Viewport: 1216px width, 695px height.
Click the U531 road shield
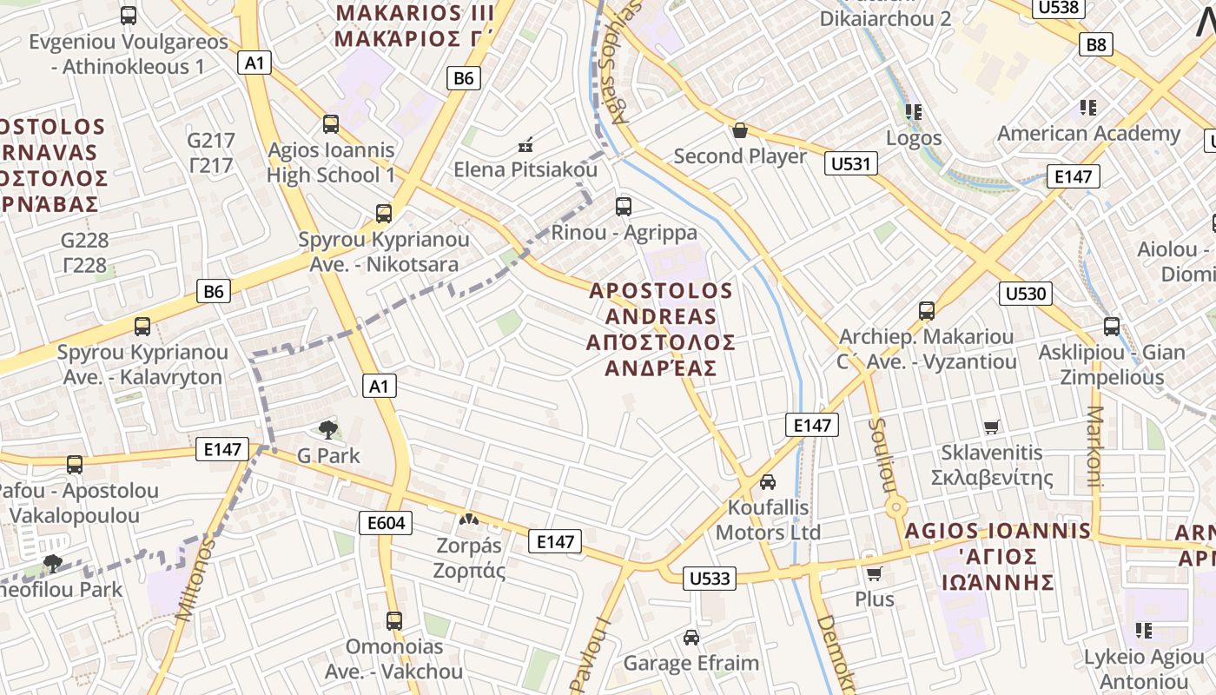click(x=853, y=163)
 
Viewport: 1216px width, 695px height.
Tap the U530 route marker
click(x=1025, y=293)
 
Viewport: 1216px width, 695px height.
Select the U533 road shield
click(x=710, y=578)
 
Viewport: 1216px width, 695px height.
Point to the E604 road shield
click(x=386, y=522)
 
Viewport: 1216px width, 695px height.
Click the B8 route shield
click(x=1095, y=44)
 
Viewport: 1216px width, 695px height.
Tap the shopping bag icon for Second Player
click(x=740, y=130)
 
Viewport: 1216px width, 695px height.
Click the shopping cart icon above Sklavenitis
click(x=991, y=427)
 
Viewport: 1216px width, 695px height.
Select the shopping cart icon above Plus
click(x=874, y=573)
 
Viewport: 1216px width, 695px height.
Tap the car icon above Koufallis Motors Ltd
click(x=768, y=481)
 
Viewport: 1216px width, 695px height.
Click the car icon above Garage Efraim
click(x=691, y=638)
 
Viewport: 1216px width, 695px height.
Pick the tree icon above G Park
click(x=327, y=429)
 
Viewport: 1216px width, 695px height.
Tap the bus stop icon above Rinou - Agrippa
click(x=623, y=207)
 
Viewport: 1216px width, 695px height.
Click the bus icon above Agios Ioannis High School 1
click(x=331, y=124)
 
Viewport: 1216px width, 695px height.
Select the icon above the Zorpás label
click(x=469, y=520)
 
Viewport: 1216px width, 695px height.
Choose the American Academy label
click(x=1088, y=133)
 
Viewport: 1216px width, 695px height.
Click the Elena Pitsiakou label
click(x=525, y=169)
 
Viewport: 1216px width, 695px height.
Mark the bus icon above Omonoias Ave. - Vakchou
click(x=393, y=621)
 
